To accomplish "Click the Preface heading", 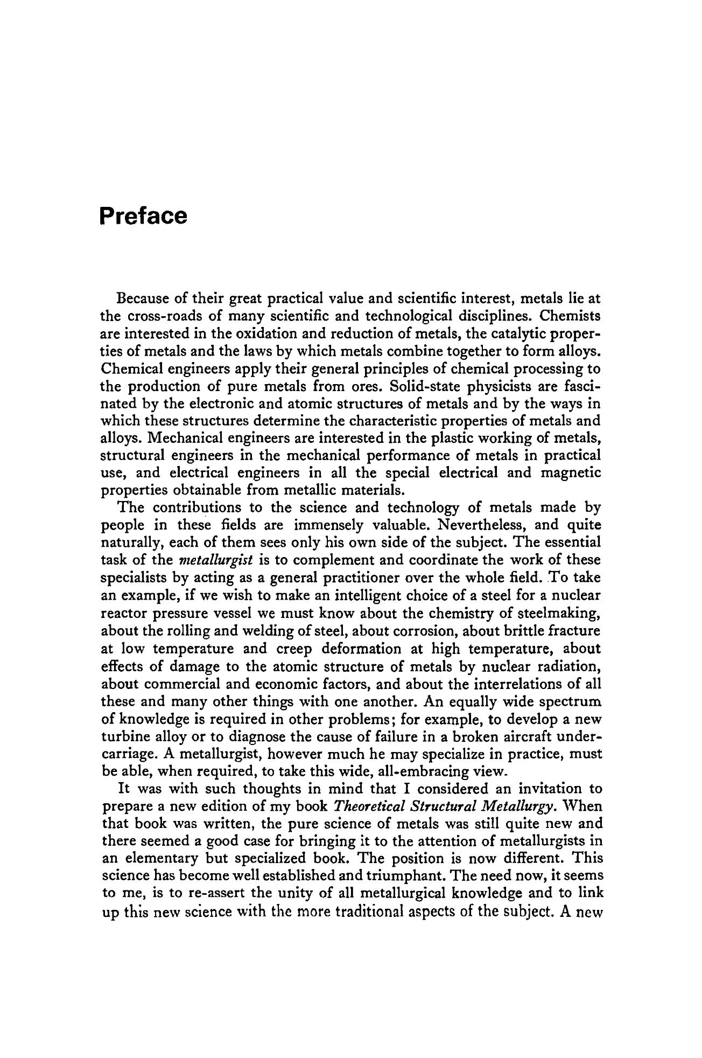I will tap(144, 217).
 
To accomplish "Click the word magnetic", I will tap(570, 474).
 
